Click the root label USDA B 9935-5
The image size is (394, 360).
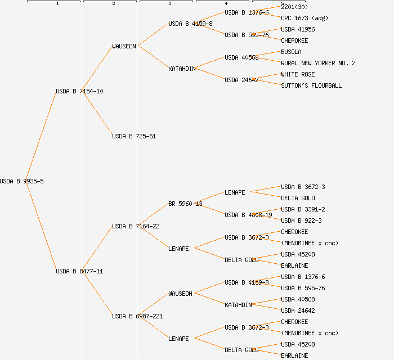[x=22, y=181]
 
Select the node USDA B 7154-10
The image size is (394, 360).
[x=79, y=91]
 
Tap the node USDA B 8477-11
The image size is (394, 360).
[x=79, y=271]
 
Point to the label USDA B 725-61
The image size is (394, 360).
[x=134, y=136]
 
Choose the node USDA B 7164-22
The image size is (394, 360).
[x=136, y=226]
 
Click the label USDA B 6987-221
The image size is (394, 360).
[x=137, y=316]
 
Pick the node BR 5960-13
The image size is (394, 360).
[x=185, y=204]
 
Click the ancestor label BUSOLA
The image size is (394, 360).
[x=291, y=52]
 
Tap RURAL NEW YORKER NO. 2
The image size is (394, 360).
[x=318, y=63]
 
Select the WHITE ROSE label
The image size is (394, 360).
[x=298, y=74]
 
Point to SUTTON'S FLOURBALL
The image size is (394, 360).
[x=311, y=85]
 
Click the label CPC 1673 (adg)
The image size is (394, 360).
[x=305, y=18]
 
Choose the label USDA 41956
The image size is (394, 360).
[x=298, y=29]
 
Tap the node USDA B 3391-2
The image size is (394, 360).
[x=303, y=209]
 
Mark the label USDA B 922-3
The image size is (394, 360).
[x=301, y=220]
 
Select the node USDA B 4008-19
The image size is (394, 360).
[x=248, y=215]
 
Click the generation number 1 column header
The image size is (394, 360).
[x=57, y=3]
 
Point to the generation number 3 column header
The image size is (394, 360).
[x=170, y=3]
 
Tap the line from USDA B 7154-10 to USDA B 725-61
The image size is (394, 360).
[x=97, y=114]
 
